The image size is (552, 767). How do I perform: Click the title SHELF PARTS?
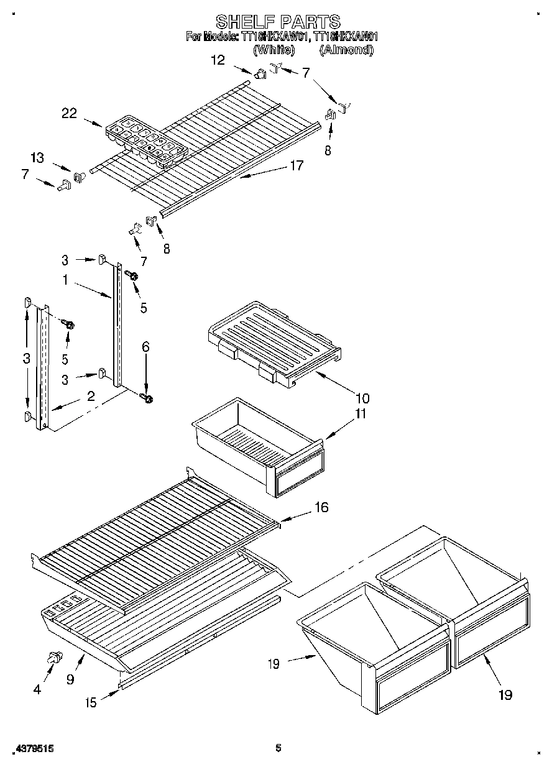point(277,22)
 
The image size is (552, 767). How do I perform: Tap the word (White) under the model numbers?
point(274,51)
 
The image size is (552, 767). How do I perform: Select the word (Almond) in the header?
point(346,51)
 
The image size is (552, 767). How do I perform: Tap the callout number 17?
point(296,165)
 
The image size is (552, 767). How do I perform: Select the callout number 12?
point(218,60)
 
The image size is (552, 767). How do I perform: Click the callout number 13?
point(38,158)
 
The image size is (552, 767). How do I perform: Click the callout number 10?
point(362,398)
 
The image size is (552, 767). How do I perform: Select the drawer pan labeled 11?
point(258,444)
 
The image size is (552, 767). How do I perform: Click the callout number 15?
point(91,702)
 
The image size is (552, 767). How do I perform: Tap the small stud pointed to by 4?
point(55,657)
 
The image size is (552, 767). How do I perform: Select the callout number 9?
point(70,679)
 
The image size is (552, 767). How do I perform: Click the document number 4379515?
point(32,749)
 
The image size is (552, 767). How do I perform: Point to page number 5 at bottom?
point(278,748)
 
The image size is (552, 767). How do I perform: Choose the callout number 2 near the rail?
point(91,397)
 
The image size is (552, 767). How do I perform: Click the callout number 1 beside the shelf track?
point(65,280)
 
